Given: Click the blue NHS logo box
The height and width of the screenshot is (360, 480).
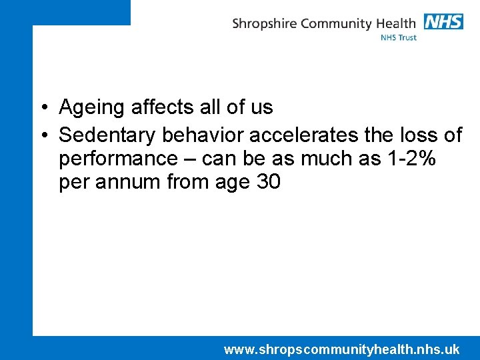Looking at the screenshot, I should (x=443, y=21).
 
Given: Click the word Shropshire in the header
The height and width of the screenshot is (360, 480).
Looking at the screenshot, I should (x=265, y=24).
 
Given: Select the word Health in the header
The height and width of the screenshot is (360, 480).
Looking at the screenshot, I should (x=397, y=23).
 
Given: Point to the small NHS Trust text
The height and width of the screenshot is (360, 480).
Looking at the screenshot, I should (x=399, y=38).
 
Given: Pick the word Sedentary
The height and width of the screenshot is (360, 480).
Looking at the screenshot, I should (x=107, y=135).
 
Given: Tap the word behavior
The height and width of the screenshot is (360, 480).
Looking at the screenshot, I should (x=203, y=135).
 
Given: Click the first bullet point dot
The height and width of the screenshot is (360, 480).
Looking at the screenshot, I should (x=42, y=108).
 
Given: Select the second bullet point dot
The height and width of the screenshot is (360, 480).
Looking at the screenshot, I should (x=42, y=136).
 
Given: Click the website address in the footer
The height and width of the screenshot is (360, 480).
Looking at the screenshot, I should (x=341, y=349).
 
